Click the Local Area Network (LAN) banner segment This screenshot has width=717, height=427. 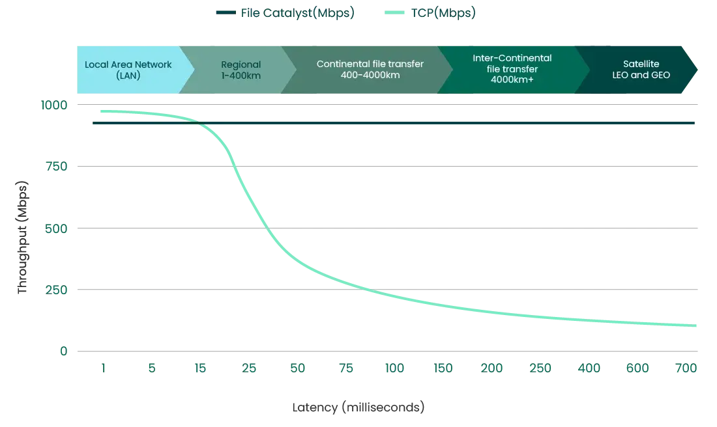pyautogui.click(x=128, y=70)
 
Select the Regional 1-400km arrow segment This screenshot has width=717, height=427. pyautogui.click(x=241, y=70)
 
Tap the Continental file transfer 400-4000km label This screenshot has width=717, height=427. pyautogui.click(x=370, y=70)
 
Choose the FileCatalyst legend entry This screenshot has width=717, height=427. pyautogui.click(x=297, y=12)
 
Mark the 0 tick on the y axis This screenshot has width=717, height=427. pyautogui.click(x=63, y=351)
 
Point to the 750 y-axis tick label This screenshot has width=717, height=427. pyautogui.click(x=55, y=166)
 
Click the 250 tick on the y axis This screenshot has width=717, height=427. pyautogui.click(x=55, y=290)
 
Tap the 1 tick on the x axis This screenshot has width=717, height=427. pyautogui.click(x=103, y=368)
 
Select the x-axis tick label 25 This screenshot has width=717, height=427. pyautogui.click(x=250, y=368)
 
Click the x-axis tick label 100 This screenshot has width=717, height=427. pyautogui.click(x=395, y=368)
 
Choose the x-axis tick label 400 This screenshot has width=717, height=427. pyautogui.click(x=589, y=368)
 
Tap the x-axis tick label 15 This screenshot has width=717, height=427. pyautogui.click(x=200, y=368)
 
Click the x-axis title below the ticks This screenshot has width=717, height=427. pyautogui.click(x=358, y=408)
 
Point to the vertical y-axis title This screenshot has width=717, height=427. pyautogui.click(x=22, y=238)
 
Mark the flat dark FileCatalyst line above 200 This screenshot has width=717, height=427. pyautogui.click(x=443, y=122)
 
